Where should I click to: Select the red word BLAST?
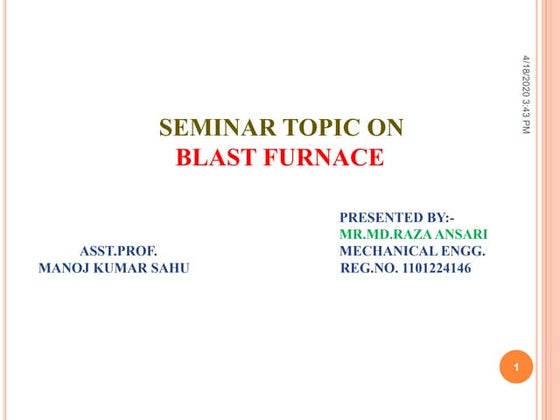215,157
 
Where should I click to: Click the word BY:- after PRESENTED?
440,217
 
